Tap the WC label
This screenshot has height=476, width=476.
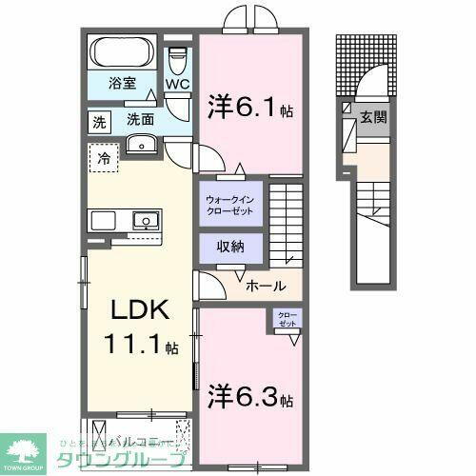coord(178,84)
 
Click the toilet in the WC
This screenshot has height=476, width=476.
coord(177,59)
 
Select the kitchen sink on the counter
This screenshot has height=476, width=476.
coord(143,220)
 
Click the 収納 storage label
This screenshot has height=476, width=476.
coord(228,247)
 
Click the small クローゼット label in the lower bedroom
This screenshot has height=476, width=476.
coord(287,319)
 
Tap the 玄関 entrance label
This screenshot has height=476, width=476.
coord(372,117)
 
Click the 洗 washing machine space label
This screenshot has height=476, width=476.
coord(99,121)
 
